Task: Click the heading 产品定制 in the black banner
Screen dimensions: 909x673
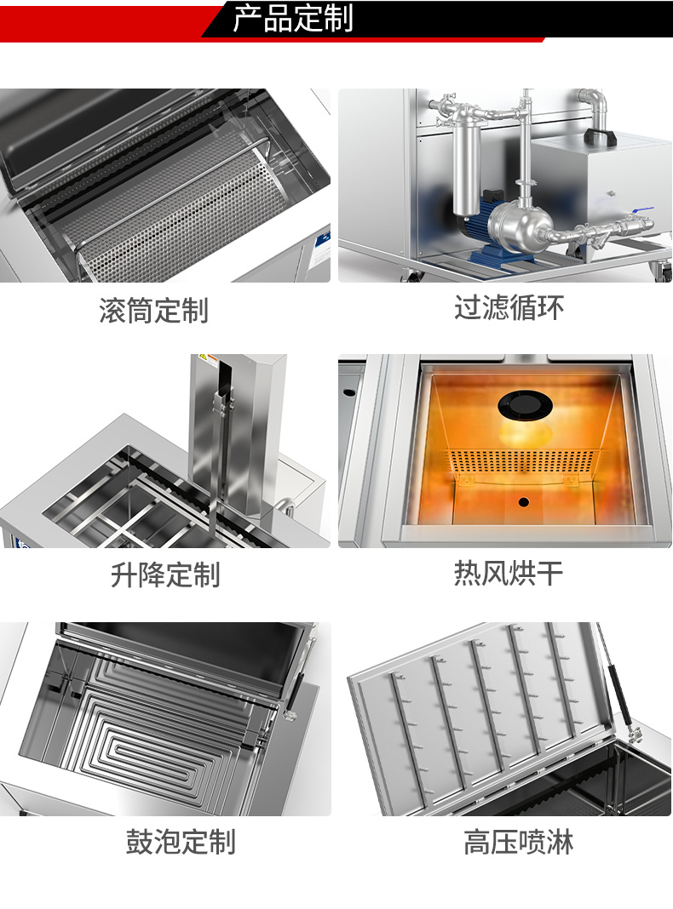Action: pos(292,19)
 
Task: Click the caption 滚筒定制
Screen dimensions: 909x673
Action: pos(153,310)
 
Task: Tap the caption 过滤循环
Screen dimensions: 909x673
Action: pos(509,307)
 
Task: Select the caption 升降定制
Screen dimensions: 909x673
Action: pos(165,575)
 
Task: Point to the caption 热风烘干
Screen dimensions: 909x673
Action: pos(509,574)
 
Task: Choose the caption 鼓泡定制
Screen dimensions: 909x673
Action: pos(181,842)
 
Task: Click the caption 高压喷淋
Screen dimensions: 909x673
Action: pos(518,842)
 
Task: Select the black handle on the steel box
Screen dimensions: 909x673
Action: pos(602,136)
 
